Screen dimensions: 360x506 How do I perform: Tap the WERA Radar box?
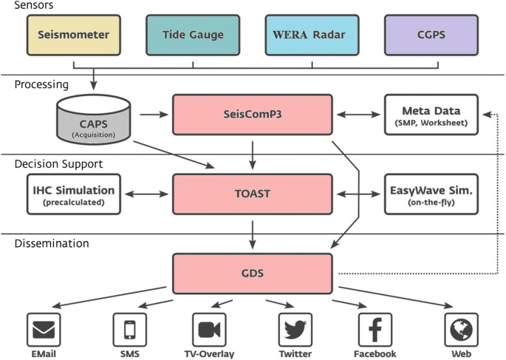311,35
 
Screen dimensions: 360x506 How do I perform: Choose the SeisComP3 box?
252,114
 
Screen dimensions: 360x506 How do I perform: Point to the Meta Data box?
431,115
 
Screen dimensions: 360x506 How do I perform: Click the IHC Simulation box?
72,194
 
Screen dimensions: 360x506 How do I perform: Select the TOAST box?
252,194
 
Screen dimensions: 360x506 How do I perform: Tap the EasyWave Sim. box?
431,194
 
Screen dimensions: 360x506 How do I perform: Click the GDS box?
252,272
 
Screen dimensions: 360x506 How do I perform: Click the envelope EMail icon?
44,329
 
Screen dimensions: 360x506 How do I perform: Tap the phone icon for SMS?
129,329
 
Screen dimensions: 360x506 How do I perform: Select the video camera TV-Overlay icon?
209,329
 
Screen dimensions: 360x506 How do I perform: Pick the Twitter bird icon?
295,329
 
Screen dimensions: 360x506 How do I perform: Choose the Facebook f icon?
375,329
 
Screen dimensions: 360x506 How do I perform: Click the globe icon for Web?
461,329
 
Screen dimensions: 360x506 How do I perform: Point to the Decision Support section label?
58,163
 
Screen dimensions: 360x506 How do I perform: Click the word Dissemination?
52,242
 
